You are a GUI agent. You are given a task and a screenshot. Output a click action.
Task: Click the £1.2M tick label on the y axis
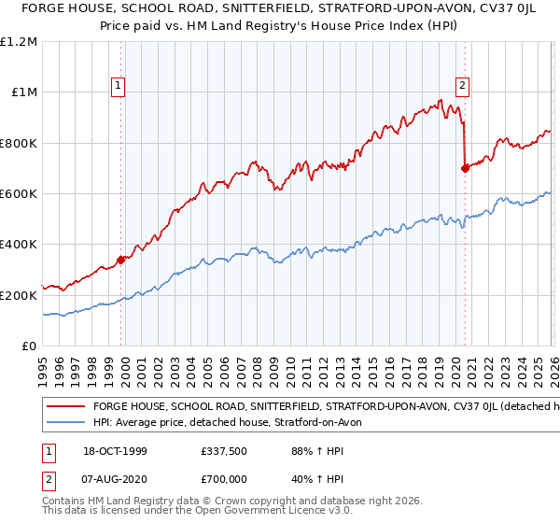point(20,41)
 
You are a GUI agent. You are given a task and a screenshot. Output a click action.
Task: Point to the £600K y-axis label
point(19,193)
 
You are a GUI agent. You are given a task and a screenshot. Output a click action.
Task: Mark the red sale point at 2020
point(464,168)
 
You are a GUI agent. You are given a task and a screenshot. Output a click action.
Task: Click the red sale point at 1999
point(120,261)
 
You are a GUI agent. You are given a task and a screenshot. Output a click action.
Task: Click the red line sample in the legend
point(65,407)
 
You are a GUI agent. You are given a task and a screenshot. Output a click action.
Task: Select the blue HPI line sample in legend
point(65,422)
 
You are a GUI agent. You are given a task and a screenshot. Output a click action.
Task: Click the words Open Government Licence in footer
point(247,513)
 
